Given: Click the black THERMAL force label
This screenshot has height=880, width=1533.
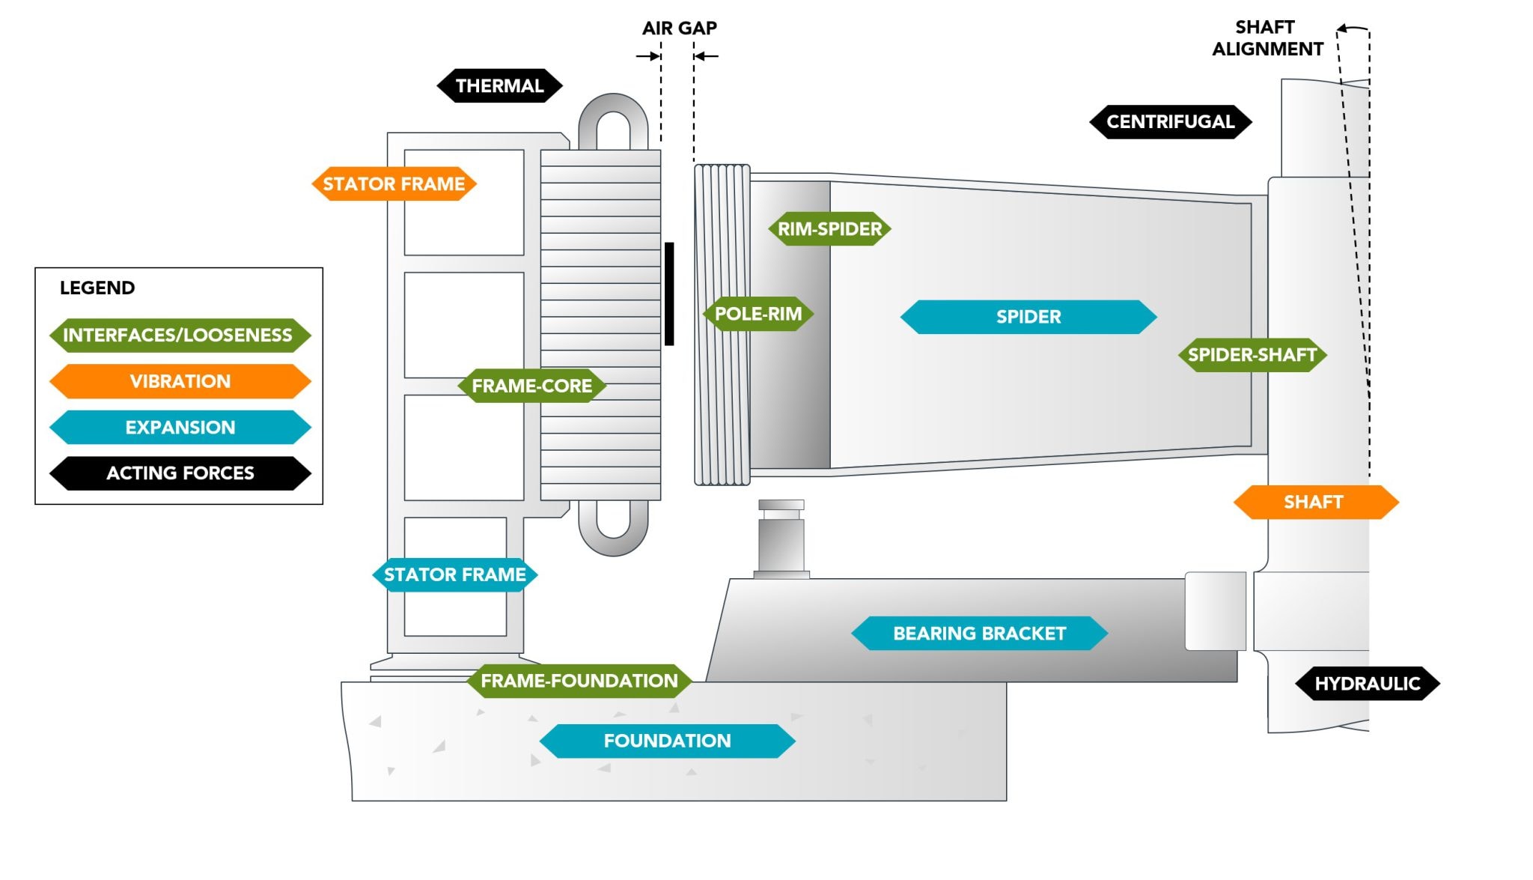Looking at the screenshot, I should (x=499, y=86).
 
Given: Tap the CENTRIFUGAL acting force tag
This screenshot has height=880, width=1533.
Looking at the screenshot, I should (x=1170, y=122).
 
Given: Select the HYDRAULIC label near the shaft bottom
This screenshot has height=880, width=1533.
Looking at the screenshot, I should (x=1367, y=684).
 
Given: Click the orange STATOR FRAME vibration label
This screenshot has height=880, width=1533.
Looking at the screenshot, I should (x=394, y=184).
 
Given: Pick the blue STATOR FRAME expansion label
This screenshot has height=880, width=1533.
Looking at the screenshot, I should (x=454, y=575).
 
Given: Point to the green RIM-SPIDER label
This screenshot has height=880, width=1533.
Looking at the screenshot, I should (x=829, y=229).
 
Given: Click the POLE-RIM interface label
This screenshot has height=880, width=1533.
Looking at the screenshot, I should (x=758, y=314).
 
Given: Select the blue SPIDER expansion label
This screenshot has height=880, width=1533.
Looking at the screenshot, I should (x=1028, y=317).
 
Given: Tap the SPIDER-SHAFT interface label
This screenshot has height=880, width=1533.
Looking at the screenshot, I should (x=1252, y=355).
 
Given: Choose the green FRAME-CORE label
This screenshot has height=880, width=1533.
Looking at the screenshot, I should (x=531, y=386).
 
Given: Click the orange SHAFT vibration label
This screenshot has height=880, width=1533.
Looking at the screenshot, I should (x=1314, y=503).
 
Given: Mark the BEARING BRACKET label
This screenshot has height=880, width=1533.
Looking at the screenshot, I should (x=979, y=634).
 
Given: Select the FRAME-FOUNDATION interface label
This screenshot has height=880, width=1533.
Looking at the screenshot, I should (x=579, y=681).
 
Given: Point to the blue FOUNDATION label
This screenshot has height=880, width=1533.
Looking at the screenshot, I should (x=667, y=741).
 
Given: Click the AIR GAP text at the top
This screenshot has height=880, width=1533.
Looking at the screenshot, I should (x=679, y=28).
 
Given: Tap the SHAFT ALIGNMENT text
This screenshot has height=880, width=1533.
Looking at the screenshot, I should (x=1267, y=38).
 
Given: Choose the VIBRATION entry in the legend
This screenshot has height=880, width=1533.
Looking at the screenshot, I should (x=180, y=381).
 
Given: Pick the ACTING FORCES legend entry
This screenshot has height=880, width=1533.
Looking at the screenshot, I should (x=180, y=473).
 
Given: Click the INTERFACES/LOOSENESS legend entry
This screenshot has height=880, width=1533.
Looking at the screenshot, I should (x=178, y=335).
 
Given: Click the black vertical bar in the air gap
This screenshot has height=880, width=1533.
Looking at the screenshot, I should (x=669, y=294).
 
